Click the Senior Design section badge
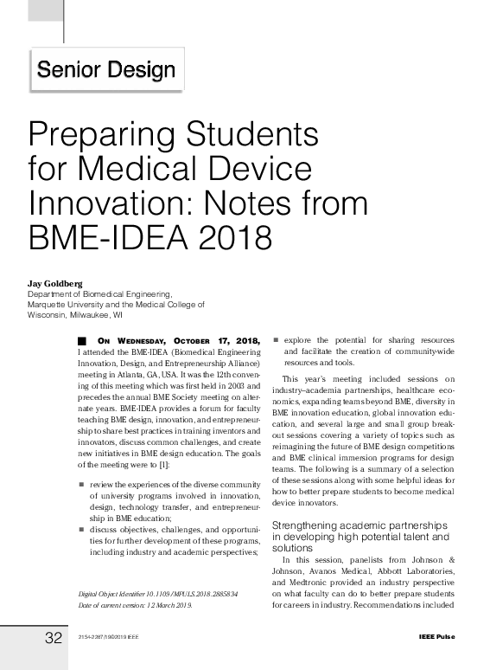pyautogui.click(x=107, y=70)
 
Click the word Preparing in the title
pyautogui.click(x=94, y=136)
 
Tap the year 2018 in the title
pyautogui.click(x=229, y=235)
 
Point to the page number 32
pyautogui.click(x=54, y=639)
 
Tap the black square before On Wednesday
pyautogui.click(x=82, y=341)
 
